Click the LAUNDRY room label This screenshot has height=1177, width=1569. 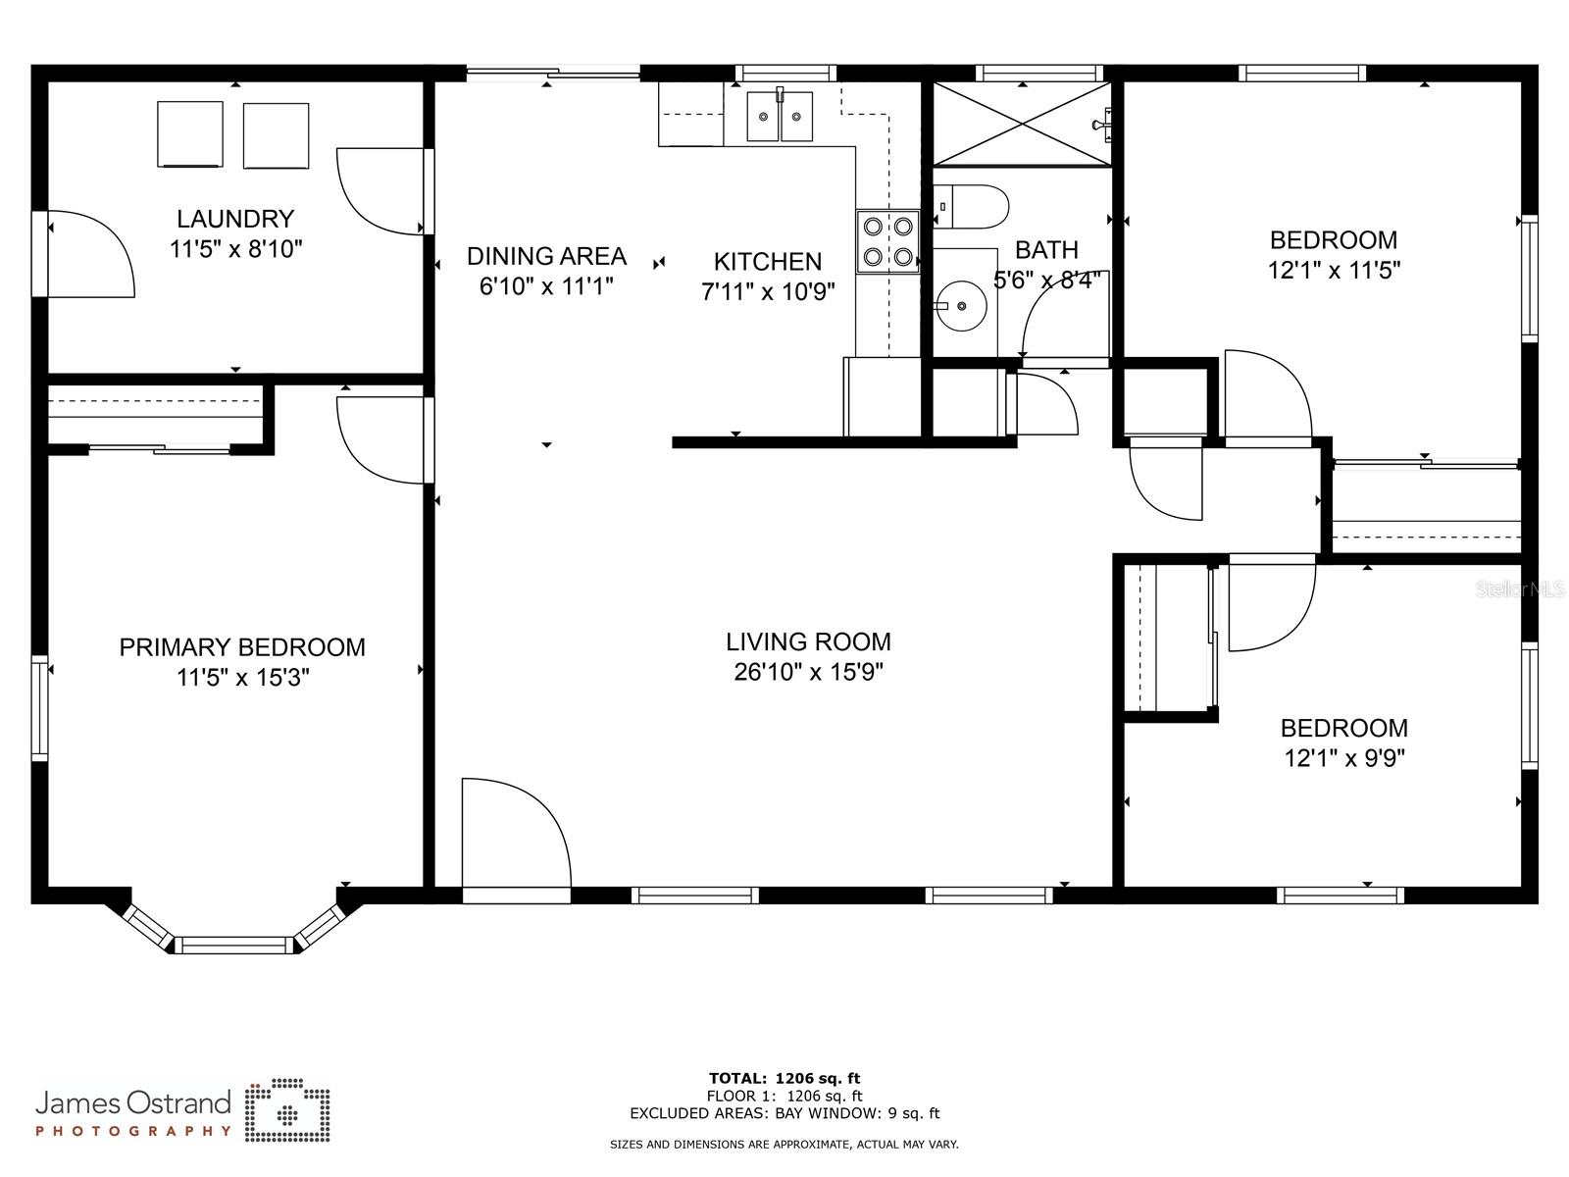point(235,219)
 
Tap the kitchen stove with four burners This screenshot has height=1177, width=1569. point(887,241)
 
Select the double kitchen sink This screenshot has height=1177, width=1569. point(780,116)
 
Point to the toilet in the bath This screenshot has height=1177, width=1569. point(971,207)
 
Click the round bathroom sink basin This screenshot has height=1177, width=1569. point(961,306)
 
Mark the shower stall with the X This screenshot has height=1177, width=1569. point(1022,126)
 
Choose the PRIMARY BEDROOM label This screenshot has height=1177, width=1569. point(241,647)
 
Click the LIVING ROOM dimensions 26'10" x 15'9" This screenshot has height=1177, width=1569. point(808,673)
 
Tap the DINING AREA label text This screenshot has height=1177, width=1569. point(546,256)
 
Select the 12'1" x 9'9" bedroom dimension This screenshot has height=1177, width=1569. point(1344,758)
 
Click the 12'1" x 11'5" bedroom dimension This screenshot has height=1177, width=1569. point(1334,270)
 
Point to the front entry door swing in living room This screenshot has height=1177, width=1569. point(516,833)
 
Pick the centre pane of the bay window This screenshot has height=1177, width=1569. point(233,945)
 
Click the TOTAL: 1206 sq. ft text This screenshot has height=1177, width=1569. point(784,1078)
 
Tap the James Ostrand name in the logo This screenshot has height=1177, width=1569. point(133,1102)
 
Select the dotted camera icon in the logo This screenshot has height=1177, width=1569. point(287,1109)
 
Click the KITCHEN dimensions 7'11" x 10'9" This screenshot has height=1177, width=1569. point(768,291)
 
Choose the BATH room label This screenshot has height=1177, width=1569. point(1046,249)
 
